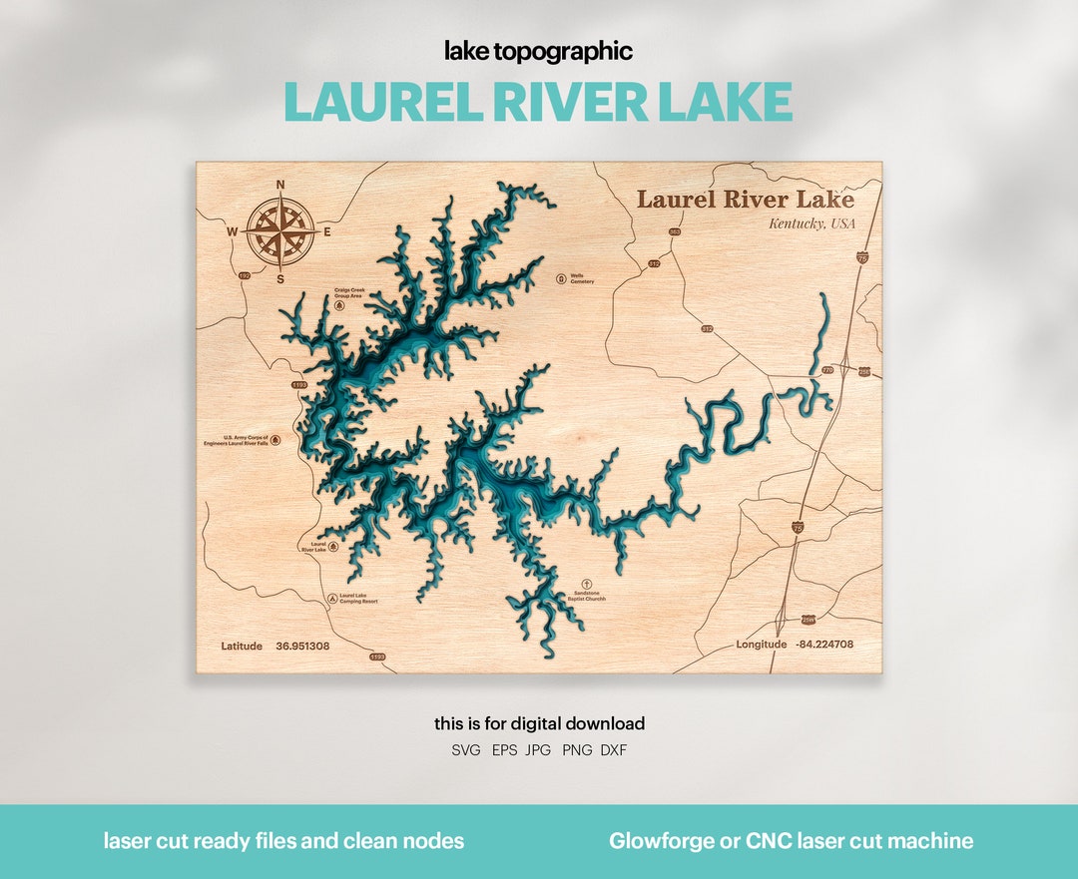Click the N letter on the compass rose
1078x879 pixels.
[280, 185]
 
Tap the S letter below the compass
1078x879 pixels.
[280, 279]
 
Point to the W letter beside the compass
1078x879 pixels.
[233, 232]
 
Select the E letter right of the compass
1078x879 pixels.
[327, 232]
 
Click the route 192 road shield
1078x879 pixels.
[245, 275]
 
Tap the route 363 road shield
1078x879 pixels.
[675, 232]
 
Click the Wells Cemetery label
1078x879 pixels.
[582, 278]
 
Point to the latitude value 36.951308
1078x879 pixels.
[302, 646]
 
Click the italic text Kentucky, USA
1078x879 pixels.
[811, 223]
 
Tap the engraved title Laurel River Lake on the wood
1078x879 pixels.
[746, 199]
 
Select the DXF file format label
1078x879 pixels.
[613, 750]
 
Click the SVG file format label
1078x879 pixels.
[465, 750]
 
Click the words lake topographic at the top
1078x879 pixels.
[539, 51]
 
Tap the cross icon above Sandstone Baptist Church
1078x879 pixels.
[586, 581]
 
